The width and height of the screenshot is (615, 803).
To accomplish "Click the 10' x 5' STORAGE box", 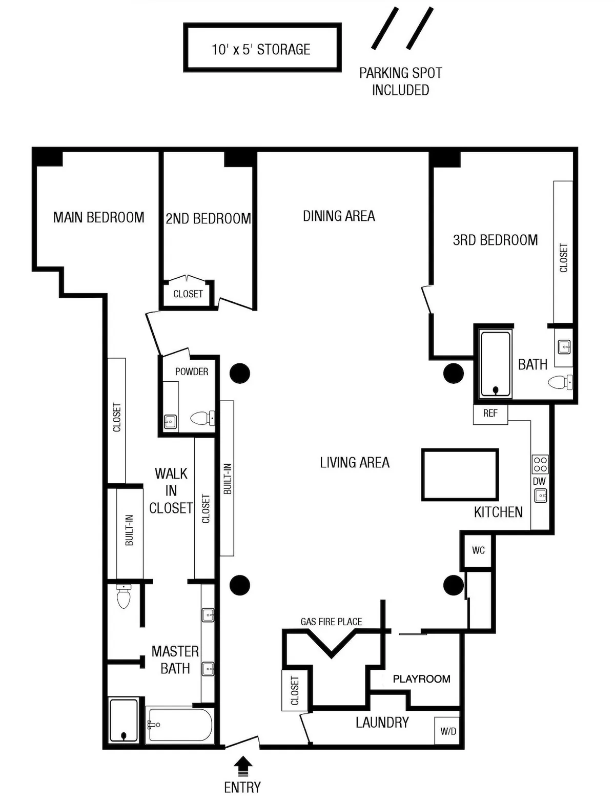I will click(262, 48).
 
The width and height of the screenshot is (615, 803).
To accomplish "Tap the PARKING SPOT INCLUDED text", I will click(400, 81).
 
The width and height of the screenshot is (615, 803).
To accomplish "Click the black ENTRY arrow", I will click(243, 767).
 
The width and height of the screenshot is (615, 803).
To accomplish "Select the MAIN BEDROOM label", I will click(99, 217).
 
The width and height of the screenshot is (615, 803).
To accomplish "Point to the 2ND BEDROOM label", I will click(208, 219).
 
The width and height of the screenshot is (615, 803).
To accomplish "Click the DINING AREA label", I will click(339, 216).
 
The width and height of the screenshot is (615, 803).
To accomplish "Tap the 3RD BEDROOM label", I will click(495, 240).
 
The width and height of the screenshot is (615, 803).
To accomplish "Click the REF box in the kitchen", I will click(490, 413).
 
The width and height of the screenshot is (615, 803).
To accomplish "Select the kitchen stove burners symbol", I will click(540, 464).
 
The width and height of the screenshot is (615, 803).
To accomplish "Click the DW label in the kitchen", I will click(539, 481).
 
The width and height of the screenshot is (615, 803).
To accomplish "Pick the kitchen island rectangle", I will click(460, 475).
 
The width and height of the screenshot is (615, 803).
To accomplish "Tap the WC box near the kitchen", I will click(478, 550).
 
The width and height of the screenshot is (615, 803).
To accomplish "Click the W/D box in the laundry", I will click(448, 731).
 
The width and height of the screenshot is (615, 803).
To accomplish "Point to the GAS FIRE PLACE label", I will click(331, 622).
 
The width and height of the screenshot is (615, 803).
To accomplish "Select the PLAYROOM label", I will click(421, 679).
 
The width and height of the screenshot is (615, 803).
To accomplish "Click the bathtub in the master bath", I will click(179, 725).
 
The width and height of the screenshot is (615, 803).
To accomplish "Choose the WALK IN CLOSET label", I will click(171, 490).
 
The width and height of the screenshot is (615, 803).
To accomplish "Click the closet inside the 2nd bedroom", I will click(188, 294).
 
